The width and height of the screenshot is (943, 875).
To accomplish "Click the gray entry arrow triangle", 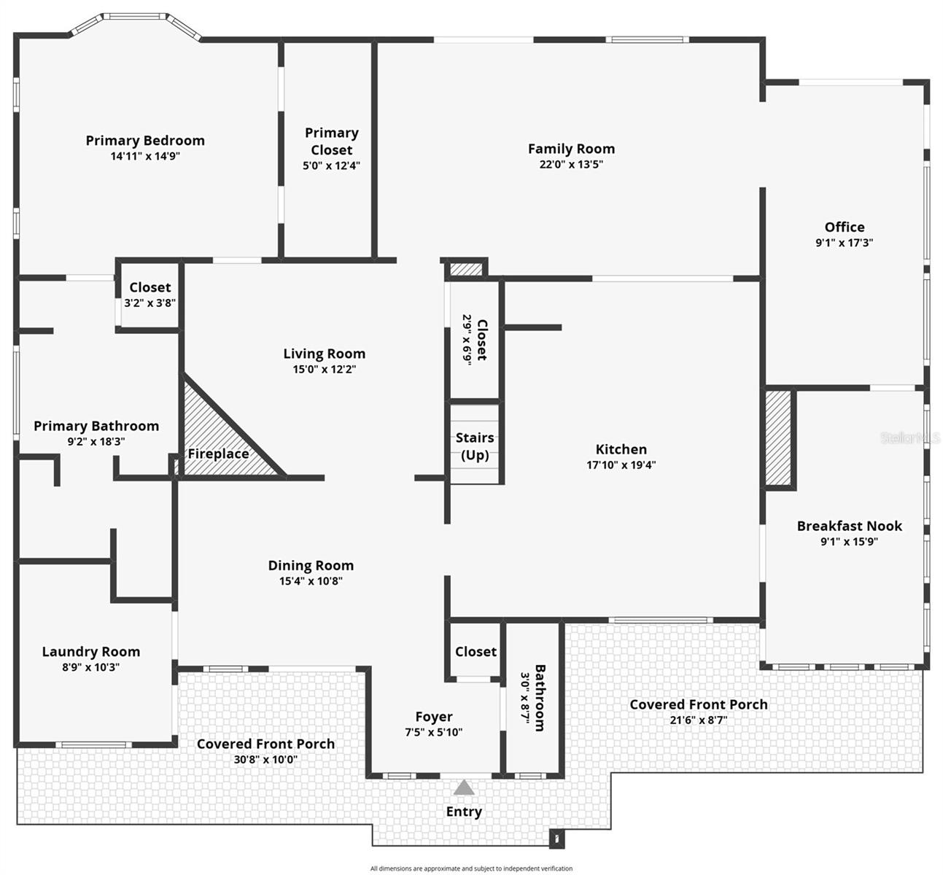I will (x=464, y=787).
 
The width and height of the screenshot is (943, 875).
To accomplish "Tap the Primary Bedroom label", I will (x=145, y=141).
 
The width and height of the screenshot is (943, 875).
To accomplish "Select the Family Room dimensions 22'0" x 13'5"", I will (x=571, y=164).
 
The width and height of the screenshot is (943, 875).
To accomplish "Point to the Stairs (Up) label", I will (x=475, y=446).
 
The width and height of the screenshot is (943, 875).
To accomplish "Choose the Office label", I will (x=845, y=227).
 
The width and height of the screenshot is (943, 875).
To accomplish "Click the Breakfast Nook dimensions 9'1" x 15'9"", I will (x=849, y=542).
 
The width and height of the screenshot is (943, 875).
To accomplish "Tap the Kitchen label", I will (x=621, y=449).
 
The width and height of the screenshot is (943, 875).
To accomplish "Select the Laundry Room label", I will (x=90, y=652).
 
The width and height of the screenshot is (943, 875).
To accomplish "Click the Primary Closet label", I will (x=332, y=141).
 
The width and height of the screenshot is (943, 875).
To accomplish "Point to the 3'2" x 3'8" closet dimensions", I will (x=150, y=303).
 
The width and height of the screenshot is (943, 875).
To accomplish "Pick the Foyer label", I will (x=434, y=717).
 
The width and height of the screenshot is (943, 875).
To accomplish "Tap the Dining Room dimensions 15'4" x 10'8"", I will (x=311, y=581).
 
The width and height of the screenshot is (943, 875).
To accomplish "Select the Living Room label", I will (x=324, y=354).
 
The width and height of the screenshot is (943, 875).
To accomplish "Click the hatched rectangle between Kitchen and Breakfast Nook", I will (x=778, y=438).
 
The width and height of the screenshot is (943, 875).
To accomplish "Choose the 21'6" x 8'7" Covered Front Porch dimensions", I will (x=698, y=720).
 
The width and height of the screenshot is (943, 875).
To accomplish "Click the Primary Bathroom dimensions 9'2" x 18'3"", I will (x=96, y=441).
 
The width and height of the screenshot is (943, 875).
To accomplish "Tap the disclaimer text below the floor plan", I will (x=471, y=868).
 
